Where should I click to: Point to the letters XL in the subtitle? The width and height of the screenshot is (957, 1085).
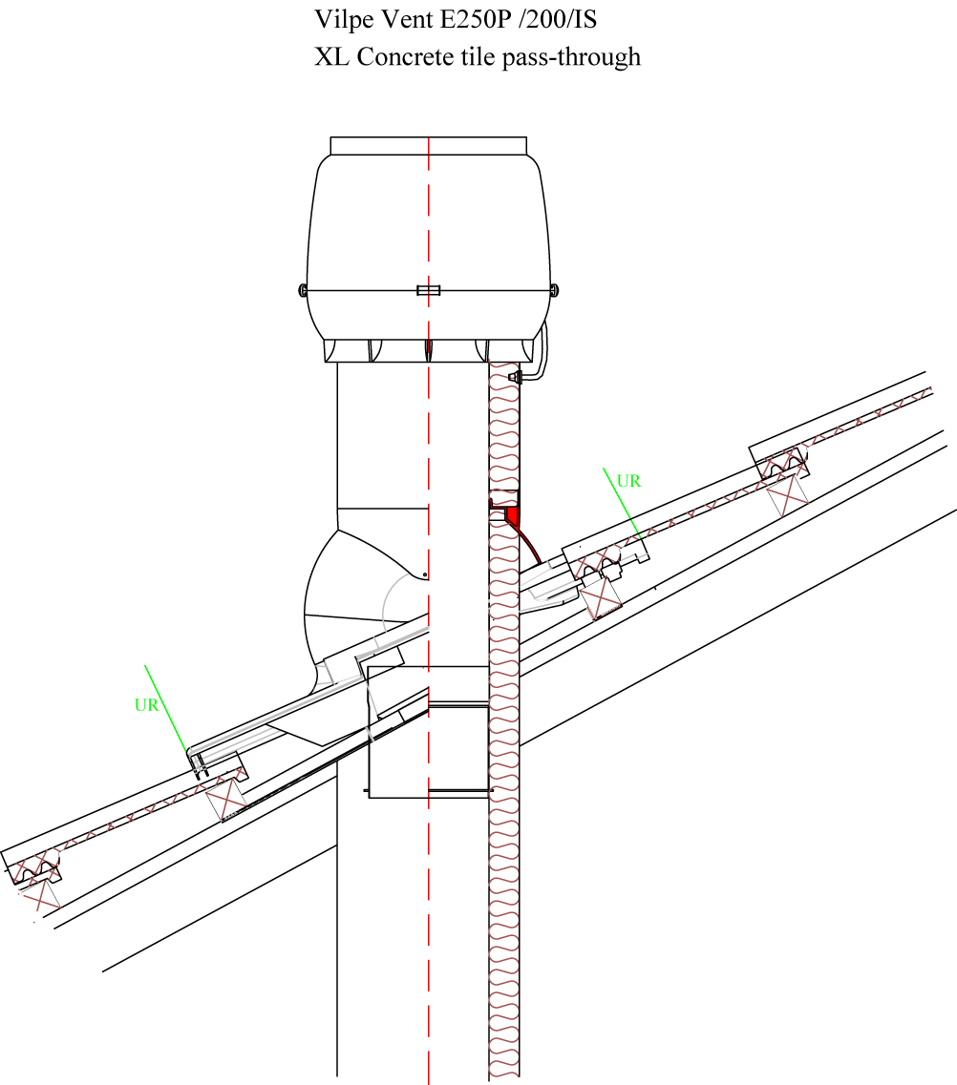(331, 56)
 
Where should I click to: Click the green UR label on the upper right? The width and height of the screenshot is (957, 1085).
(628, 481)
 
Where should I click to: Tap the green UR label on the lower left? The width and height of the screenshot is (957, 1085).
(146, 705)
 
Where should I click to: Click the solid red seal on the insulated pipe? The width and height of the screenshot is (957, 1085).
(511, 515)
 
